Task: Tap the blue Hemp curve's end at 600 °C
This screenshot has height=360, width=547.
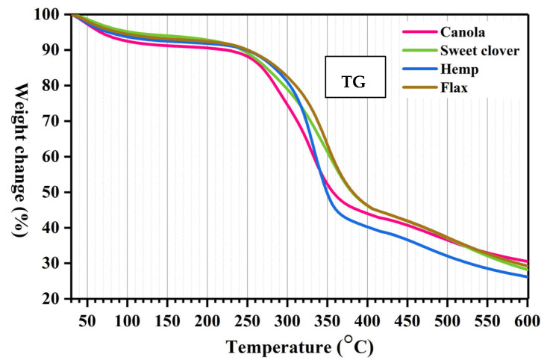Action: click(x=527, y=276)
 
